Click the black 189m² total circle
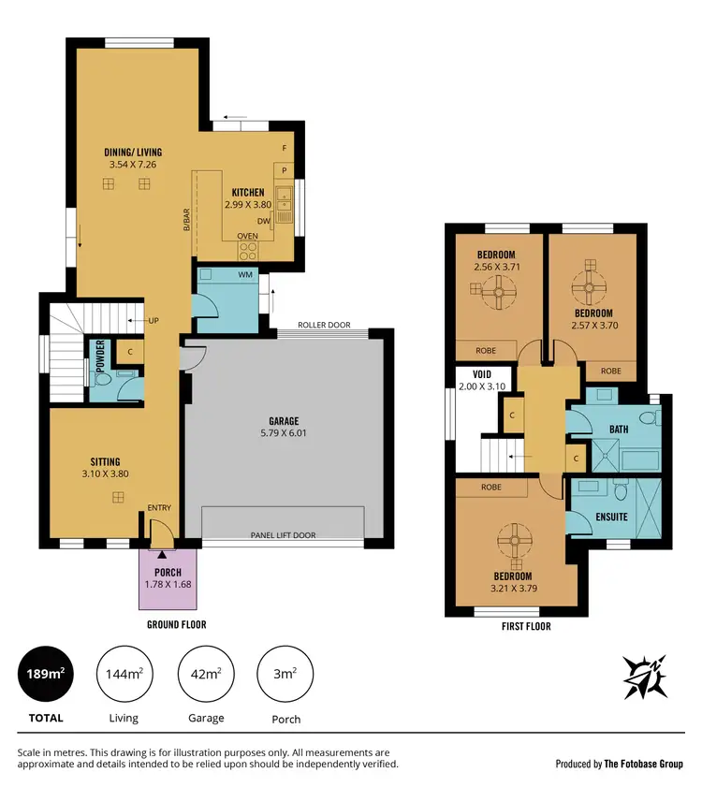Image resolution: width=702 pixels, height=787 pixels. (45, 675)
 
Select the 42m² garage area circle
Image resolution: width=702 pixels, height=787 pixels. (205, 675)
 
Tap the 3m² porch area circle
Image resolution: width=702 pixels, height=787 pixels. (285, 675)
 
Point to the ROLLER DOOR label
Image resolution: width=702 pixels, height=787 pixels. (324, 326)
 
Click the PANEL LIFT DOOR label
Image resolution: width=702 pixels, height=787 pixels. (283, 535)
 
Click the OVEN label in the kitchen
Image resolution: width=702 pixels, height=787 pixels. (247, 236)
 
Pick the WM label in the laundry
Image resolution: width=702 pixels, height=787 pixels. (245, 275)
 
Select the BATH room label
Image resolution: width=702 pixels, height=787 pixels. (620, 430)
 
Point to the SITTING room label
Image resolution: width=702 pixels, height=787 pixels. (104, 461)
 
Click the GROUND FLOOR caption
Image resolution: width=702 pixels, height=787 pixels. (176, 624)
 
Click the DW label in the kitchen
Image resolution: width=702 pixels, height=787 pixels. (263, 222)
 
